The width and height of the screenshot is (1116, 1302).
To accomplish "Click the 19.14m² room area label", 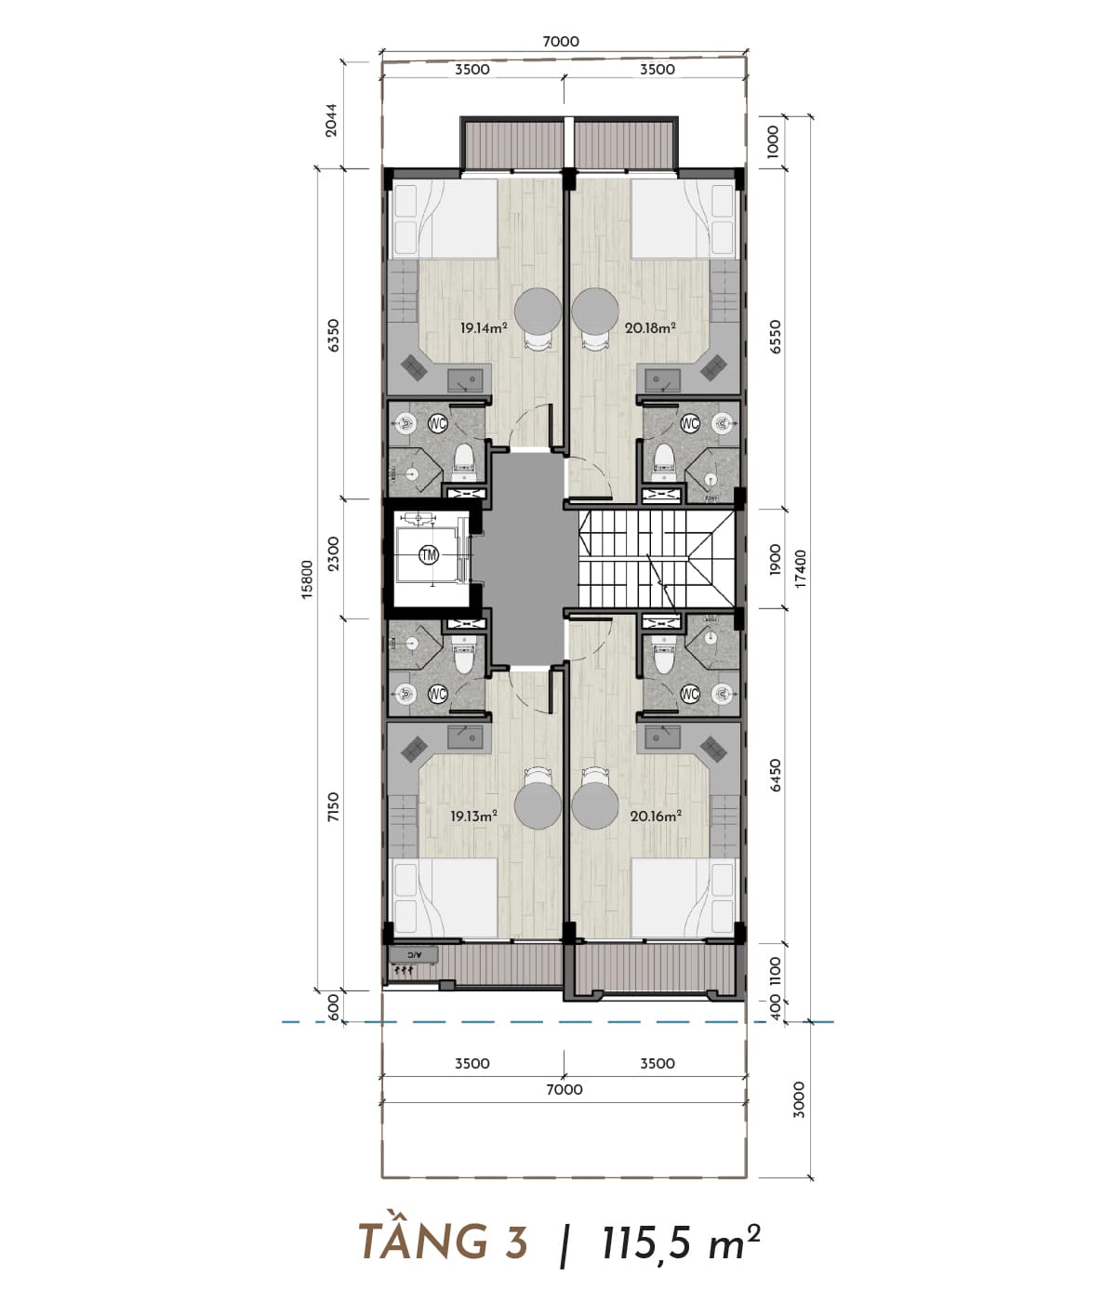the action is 484,327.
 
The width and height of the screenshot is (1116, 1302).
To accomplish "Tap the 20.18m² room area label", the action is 651,327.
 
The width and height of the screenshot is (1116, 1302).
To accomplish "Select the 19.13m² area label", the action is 473,817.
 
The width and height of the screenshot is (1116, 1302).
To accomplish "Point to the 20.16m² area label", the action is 657,817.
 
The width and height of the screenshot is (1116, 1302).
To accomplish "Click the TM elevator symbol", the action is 429,555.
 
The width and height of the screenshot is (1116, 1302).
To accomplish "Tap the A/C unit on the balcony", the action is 414,955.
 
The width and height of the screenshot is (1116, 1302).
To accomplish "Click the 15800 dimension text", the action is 307,578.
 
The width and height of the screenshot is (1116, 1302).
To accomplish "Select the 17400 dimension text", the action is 801,569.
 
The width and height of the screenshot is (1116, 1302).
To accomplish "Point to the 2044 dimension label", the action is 332,120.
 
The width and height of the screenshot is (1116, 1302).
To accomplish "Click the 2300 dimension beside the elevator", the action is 334,553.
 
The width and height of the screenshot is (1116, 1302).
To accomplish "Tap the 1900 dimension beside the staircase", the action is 776,559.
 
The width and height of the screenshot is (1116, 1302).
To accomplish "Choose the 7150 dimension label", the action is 334,807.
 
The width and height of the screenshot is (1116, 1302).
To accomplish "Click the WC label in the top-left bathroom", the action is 438,422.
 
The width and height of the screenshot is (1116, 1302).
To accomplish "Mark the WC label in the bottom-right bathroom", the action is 690,694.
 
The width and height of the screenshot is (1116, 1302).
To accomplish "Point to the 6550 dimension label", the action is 776,337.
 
